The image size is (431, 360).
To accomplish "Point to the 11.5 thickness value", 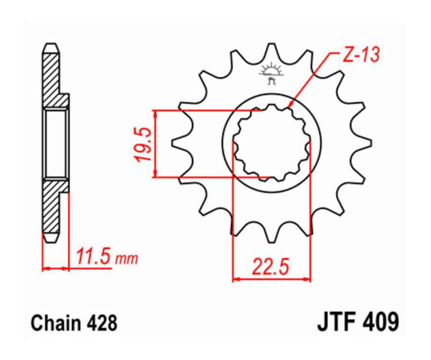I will click(94, 257).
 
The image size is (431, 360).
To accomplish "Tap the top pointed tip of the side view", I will click(51, 46).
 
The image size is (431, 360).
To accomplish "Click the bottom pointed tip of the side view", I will click(51, 238).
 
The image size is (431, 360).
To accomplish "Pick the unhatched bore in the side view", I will click(56, 143).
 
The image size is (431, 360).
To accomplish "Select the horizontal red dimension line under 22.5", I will click(272, 278).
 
